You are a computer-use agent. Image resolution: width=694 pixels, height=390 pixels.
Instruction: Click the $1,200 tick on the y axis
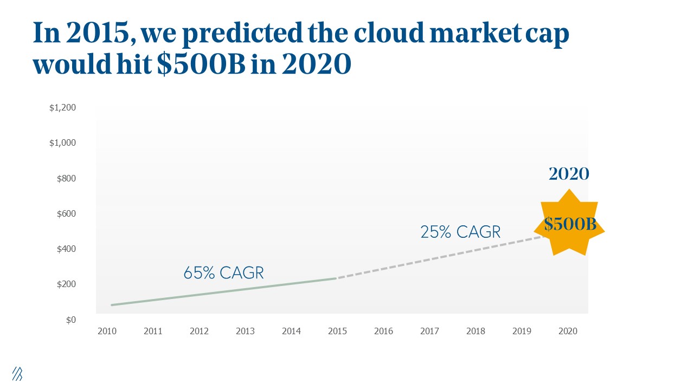pos(63,108)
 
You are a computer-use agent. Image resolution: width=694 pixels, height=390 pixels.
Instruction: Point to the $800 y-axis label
pos(67,178)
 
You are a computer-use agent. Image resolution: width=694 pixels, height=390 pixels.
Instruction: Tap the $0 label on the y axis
pos(70,320)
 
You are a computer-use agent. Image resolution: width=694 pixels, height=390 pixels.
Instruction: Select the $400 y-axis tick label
pos(67,249)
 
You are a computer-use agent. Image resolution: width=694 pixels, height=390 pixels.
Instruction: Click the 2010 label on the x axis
pos(107,331)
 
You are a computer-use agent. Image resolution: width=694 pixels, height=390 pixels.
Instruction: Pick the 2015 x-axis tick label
pos(337,331)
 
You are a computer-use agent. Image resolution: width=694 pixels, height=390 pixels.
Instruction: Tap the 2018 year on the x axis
pos(475,331)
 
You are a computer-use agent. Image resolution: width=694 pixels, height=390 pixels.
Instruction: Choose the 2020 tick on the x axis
pos(568,331)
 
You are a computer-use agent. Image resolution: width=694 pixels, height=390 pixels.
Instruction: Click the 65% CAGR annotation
pos(223,273)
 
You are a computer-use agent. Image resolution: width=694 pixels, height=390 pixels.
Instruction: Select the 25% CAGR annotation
pos(460,232)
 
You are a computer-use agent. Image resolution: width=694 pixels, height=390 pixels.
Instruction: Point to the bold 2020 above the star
pos(569,174)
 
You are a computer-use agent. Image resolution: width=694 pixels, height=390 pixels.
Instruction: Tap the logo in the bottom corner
pos(17,373)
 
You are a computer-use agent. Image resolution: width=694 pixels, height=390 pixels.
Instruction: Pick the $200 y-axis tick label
pos(67,284)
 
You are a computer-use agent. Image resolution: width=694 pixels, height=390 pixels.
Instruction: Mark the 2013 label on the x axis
pos(245,331)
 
